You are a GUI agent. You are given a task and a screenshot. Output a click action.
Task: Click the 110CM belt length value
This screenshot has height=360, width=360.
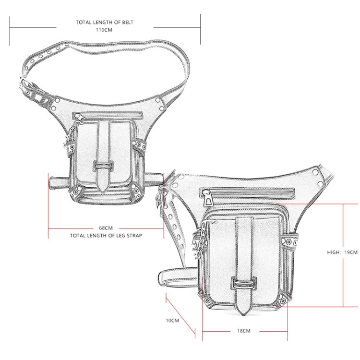(x=104, y=30)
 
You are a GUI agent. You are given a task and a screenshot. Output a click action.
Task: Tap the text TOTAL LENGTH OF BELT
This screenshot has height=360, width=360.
(x=105, y=22)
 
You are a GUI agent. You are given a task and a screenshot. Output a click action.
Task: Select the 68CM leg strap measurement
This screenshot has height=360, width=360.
(x=106, y=228)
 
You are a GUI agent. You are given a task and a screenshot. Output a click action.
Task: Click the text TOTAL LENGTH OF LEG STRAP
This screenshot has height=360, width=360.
(x=106, y=236)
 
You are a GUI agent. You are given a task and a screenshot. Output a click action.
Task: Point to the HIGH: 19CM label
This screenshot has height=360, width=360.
(x=342, y=252)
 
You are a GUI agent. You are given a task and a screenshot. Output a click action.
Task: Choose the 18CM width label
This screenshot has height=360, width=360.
(x=244, y=331)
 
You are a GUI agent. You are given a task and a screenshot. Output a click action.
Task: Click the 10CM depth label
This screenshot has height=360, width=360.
(x=172, y=320)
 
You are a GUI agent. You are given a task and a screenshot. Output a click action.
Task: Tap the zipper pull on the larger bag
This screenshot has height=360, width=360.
(x=208, y=199)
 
